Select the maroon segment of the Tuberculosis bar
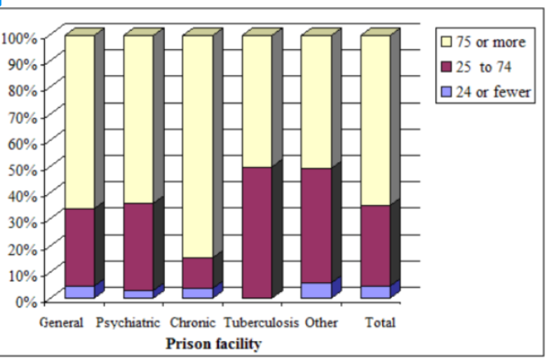pyautogui.click(x=257, y=232)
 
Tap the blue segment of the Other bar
pyautogui.click(x=316, y=291)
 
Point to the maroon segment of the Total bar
pyautogui.click(x=375, y=246)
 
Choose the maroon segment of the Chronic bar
pyautogui.click(x=198, y=273)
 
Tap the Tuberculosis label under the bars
pyautogui.click(x=261, y=324)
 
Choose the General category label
pyautogui.click(x=62, y=324)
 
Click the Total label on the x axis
pyautogui.click(x=379, y=324)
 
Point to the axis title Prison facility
pyautogui.click(x=212, y=345)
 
